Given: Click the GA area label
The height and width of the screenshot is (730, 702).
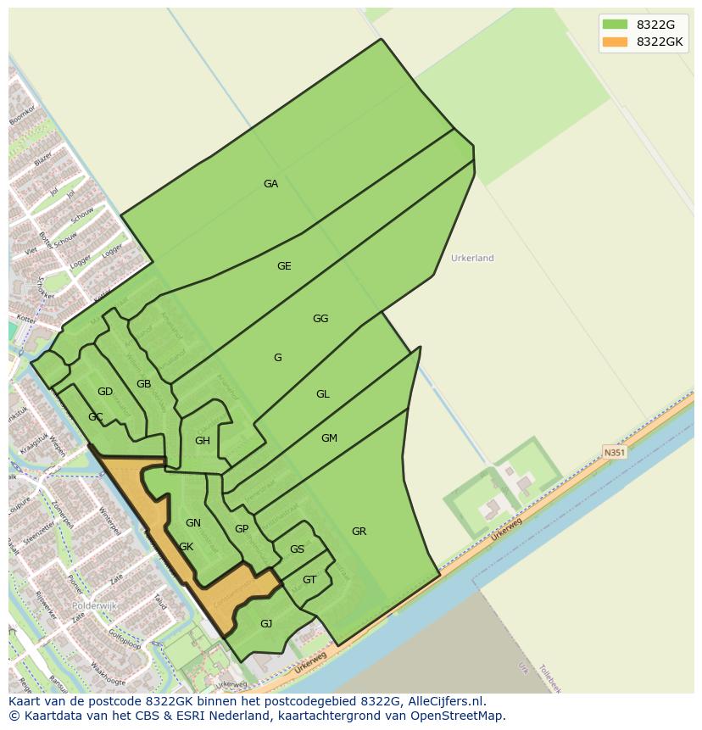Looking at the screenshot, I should pos(270,184).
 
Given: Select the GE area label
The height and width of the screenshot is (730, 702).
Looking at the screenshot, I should pos(284,266).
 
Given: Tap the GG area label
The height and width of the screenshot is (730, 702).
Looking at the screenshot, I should pos(320,319).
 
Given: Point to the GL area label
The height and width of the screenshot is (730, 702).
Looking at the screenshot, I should pos(323,394).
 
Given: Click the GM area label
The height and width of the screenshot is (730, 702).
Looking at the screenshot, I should pos(330,438).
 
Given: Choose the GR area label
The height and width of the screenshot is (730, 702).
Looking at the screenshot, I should pos(359,532).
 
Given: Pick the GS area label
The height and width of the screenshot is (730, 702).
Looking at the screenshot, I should pos(297,549).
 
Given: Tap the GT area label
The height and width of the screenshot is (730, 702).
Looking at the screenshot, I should pos(309,580).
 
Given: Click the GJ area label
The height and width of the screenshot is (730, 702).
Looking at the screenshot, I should pos(266,624).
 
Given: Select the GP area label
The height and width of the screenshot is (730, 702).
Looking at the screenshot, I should pos(242,529).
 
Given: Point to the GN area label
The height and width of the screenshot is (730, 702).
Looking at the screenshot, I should pos(193,523).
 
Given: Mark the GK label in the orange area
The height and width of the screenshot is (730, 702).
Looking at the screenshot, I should pos(187,547).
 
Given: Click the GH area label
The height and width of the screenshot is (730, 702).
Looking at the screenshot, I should pos(203,441).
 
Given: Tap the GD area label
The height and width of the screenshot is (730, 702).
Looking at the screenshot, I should pos(105,392).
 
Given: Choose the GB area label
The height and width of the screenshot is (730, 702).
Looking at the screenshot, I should pos(144,384).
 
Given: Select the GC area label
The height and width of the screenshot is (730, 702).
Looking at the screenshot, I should pos(96,417).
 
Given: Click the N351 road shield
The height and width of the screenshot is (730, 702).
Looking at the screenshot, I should pos(615,453).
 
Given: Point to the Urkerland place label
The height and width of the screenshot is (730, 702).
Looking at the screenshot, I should pos(472,258).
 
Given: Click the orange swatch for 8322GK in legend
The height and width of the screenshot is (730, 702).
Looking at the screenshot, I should pos(616,42).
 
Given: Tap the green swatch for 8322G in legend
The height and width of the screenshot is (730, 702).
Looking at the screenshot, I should pos(616,25).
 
